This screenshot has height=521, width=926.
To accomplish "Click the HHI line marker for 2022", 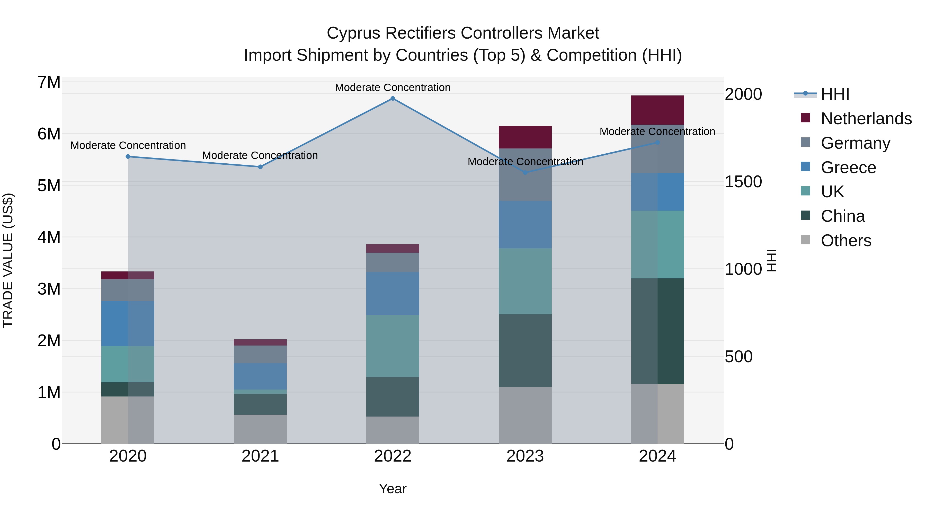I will coord(393,99).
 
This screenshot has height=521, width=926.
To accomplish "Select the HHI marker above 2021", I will coord(260,167).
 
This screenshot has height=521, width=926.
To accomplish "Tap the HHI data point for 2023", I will coord(525,173).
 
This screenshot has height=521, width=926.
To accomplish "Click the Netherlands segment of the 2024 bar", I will coord(657,110).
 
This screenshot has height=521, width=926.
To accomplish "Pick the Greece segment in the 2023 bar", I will coord(525,224).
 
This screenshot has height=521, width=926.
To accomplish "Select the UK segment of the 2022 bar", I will coord(393,346).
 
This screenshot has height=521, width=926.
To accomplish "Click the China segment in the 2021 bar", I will coord(260,404).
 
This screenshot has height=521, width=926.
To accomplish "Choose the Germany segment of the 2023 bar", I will coord(525,175).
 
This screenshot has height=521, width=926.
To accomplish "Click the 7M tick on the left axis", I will coord(49,82).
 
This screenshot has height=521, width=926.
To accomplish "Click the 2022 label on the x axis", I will coord(393,456).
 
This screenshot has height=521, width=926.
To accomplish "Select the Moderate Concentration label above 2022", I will coord(393,87).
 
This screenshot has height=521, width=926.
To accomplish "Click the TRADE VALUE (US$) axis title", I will coord(8,260).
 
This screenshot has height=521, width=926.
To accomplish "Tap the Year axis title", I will coord(393,489).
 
